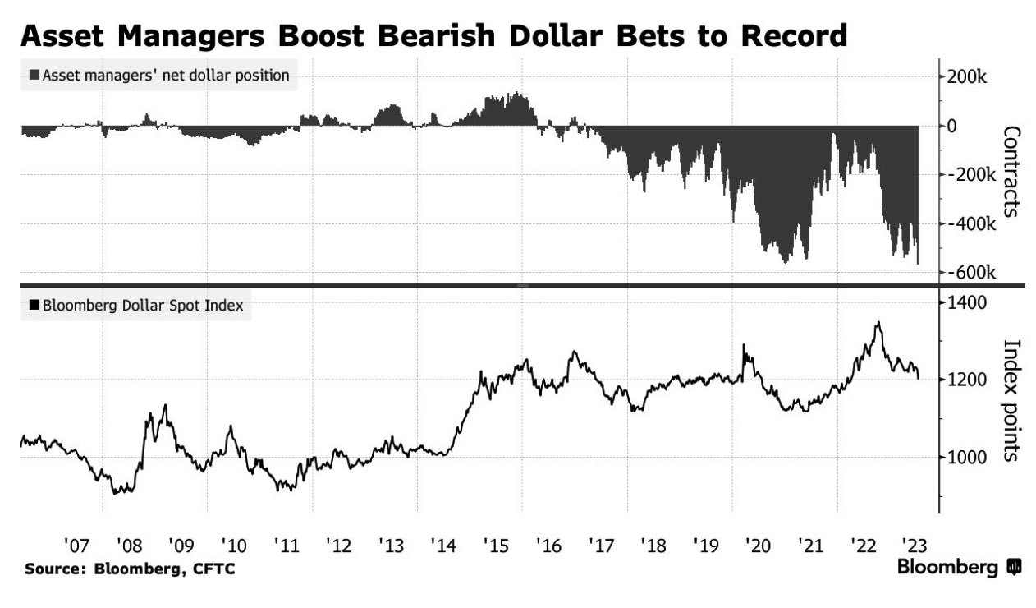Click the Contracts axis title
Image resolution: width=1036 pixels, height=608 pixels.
(x=1011, y=171)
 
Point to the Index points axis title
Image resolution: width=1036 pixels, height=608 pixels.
(x=1011, y=399)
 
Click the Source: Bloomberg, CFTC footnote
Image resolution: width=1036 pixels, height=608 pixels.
(x=130, y=569)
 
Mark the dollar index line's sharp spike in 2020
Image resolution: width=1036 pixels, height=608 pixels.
(x=744, y=345)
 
